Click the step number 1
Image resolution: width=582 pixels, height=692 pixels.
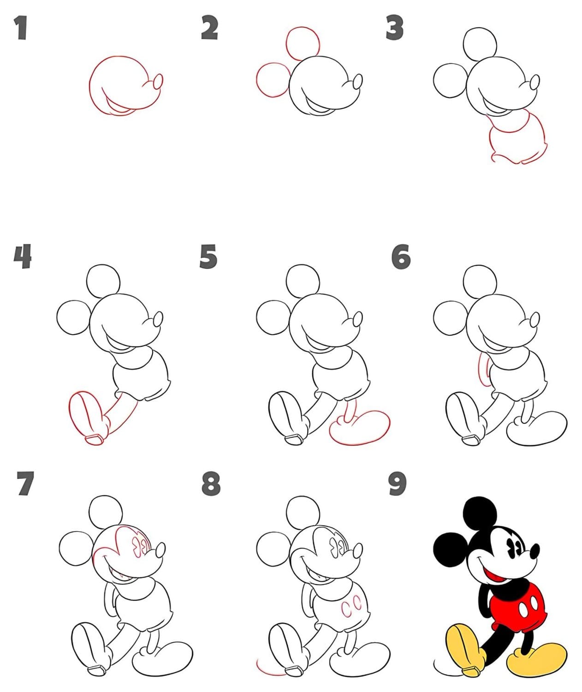point(21,29)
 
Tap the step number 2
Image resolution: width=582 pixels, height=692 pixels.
point(209,29)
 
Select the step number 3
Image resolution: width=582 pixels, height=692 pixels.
point(394,29)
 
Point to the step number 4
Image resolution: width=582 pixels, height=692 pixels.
point(23,256)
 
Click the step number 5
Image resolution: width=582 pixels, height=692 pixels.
point(208,256)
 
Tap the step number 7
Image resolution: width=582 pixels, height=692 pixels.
point(25,483)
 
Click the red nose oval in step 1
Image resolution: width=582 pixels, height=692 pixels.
point(158,82)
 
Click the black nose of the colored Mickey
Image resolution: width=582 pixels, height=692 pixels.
point(534,551)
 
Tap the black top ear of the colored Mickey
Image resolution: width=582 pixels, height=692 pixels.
point(480,513)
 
